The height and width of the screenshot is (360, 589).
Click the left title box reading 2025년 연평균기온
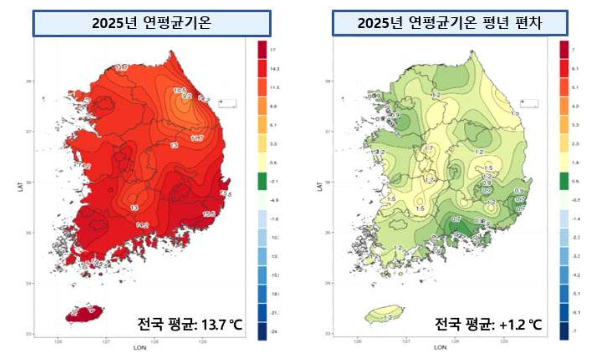tap(151, 23)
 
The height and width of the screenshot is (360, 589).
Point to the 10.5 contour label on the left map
tap(180, 90)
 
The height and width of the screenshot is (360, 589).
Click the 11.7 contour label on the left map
tap(197, 138)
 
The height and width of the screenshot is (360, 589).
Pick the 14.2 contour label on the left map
tap(142, 226)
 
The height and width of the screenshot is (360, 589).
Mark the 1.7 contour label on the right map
tap(429, 148)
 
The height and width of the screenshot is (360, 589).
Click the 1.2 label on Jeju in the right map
tap(388, 318)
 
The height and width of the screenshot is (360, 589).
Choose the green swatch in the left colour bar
tap(262, 181)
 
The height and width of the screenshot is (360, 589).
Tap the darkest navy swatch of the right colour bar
tap(564, 331)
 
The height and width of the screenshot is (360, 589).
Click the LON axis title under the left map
tap(140, 348)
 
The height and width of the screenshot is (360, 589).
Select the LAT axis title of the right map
tap(320, 186)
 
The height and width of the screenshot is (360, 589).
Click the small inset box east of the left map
tap(227, 104)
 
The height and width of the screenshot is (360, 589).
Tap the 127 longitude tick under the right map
tap(406, 341)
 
